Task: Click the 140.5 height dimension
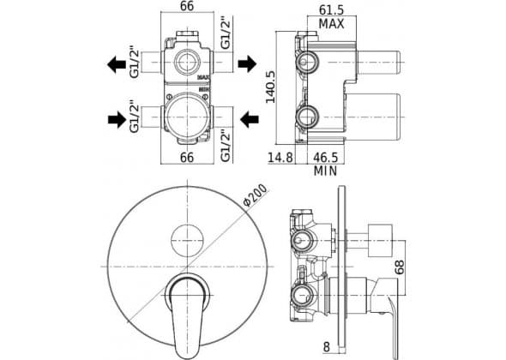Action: point(270,87)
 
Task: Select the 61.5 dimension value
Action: point(331,10)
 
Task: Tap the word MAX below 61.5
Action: point(331,24)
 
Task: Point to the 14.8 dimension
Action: point(280,158)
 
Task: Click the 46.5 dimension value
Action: point(326,158)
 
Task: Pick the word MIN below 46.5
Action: point(326,171)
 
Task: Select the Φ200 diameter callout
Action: point(255,195)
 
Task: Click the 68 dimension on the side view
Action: point(400,267)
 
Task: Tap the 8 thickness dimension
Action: point(327,347)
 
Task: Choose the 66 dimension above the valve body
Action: point(187,6)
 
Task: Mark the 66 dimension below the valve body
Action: point(187,158)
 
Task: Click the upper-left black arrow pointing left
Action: point(117,64)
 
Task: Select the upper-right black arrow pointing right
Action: point(247,63)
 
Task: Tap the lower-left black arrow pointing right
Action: point(117,120)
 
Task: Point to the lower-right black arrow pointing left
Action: point(250,119)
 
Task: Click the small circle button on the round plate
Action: point(187,241)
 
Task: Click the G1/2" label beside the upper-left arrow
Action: point(135,63)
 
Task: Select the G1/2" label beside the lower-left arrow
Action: point(135,118)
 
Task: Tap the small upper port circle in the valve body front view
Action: point(187,62)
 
